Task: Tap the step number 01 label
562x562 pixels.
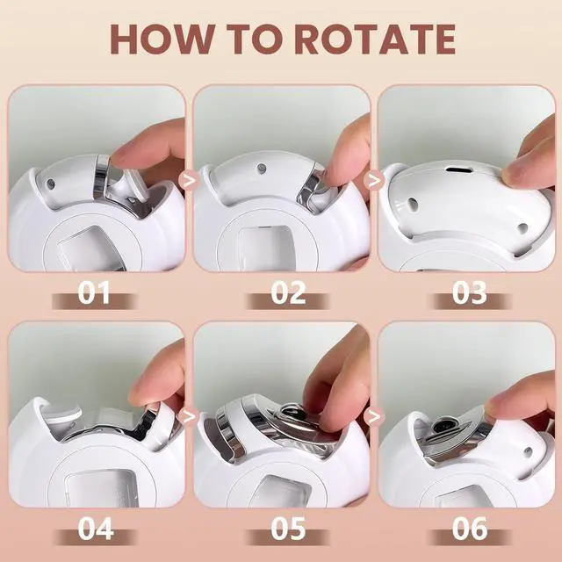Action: [x=94, y=292]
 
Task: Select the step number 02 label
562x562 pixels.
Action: [x=288, y=292]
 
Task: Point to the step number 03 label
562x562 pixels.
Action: [x=469, y=292]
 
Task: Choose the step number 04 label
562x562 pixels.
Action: [x=96, y=529]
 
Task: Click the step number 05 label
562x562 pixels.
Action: [x=288, y=529]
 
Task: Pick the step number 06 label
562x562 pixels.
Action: [x=470, y=529]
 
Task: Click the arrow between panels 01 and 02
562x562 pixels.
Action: [x=190, y=180]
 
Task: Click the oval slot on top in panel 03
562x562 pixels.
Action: [x=457, y=169]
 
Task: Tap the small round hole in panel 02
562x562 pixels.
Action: [x=262, y=168]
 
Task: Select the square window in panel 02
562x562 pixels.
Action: [x=267, y=248]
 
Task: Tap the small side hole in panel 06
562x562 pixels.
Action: [x=528, y=450]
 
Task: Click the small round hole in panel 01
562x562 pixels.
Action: [x=51, y=184]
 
